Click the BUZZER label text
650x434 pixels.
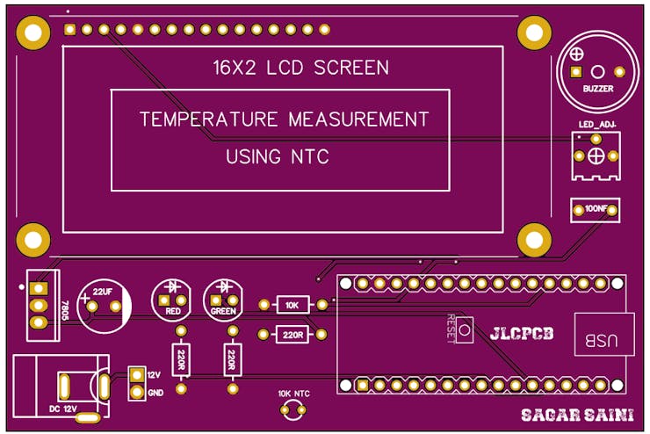click(597, 89)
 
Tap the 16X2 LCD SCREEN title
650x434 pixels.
click(300, 67)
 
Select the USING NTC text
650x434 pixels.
click(277, 157)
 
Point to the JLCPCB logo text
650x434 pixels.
click(522, 333)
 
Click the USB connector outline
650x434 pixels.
click(603, 334)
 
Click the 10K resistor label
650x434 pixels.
click(292, 305)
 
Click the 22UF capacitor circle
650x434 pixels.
click(103, 303)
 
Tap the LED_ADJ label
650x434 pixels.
click(597, 125)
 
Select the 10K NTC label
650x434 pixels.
click(293, 394)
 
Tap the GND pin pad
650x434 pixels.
click(136, 392)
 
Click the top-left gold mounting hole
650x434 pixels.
click(32, 33)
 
